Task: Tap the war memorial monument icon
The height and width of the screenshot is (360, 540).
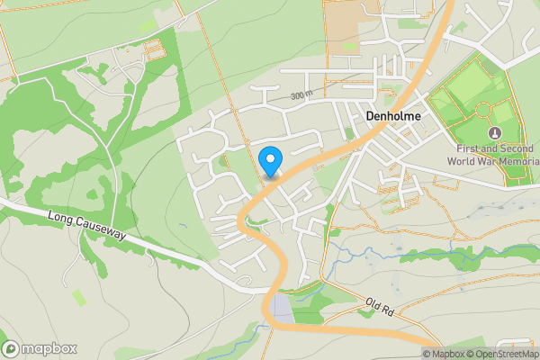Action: [481, 109]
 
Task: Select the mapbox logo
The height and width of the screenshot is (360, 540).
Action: [40, 348]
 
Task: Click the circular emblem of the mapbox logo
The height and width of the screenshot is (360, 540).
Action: [11, 348]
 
